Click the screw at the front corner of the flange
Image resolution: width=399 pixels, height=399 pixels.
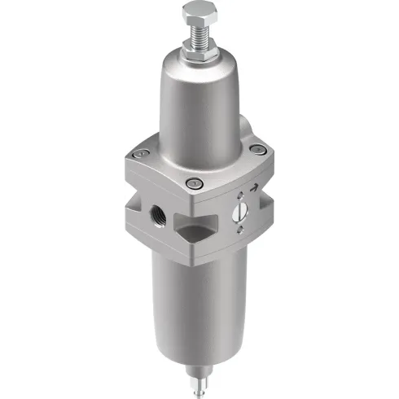(x=194, y=184)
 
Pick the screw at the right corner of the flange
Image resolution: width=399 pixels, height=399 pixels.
(x=258, y=149)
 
